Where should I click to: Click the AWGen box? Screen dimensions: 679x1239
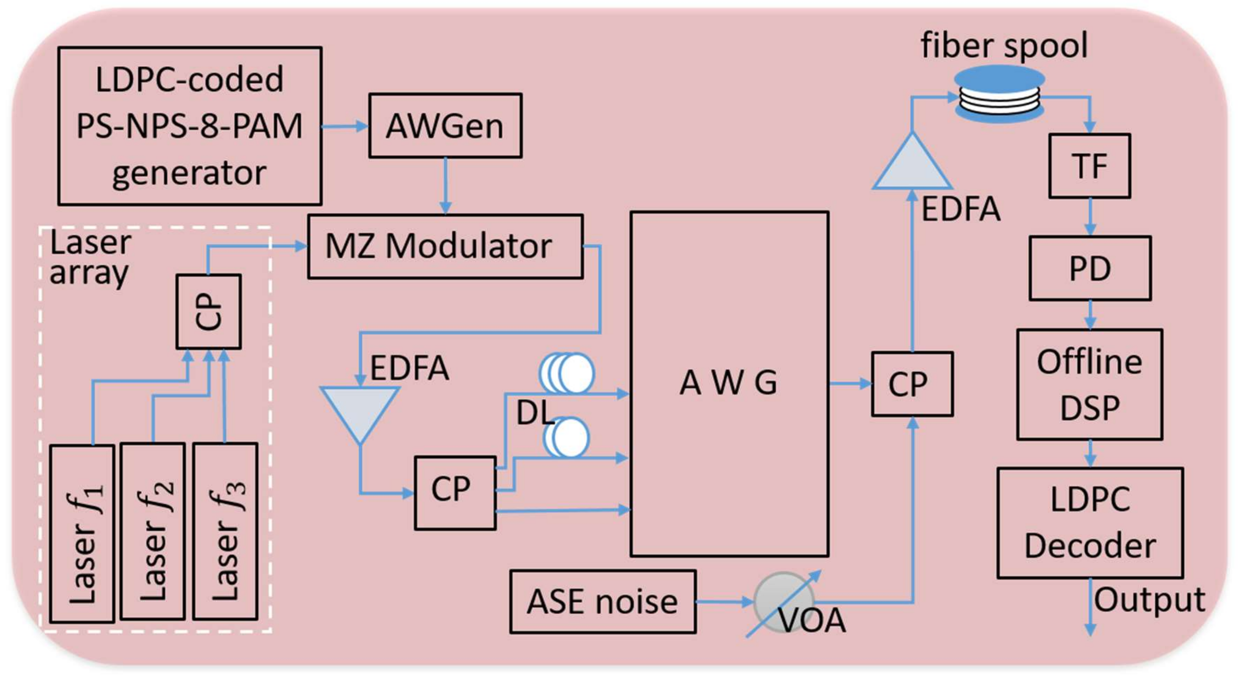445,126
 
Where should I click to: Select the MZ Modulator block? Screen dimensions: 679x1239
445,246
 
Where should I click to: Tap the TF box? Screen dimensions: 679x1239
1089,166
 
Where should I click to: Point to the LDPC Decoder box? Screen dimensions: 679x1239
1090,523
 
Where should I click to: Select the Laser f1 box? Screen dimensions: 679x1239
82,534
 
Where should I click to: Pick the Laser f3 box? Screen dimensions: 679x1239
225,531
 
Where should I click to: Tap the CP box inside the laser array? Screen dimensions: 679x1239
208,312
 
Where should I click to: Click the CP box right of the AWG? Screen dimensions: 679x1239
912,384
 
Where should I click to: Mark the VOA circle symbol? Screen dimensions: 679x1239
784,601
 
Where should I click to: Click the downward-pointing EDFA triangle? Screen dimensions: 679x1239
360,409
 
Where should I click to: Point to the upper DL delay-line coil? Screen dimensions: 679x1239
567,373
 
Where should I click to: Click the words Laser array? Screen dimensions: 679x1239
90,257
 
